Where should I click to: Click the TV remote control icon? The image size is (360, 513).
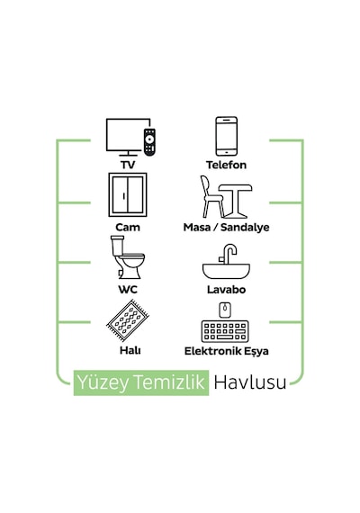point(149,141)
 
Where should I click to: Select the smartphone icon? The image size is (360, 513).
point(226,136)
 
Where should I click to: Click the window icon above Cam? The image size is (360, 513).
point(128,195)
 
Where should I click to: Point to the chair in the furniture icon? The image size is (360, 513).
point(211,197)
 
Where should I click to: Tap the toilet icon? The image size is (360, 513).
point(127,257)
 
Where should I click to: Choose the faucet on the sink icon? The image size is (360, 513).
point(229,254)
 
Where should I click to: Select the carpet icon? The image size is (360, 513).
point(128,320)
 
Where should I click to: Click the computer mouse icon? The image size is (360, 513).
point(225,310)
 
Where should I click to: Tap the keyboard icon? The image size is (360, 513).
point(225,331)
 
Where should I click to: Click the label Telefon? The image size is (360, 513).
point(226,165)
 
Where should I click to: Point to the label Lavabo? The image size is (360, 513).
point(226,290)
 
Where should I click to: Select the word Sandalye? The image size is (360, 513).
point(245,228)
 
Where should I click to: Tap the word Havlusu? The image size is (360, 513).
point(250,382)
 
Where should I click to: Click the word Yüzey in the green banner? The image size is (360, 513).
point(103,382)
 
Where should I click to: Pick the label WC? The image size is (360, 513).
point(128,290)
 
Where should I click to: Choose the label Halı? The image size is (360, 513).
point(130,350)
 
